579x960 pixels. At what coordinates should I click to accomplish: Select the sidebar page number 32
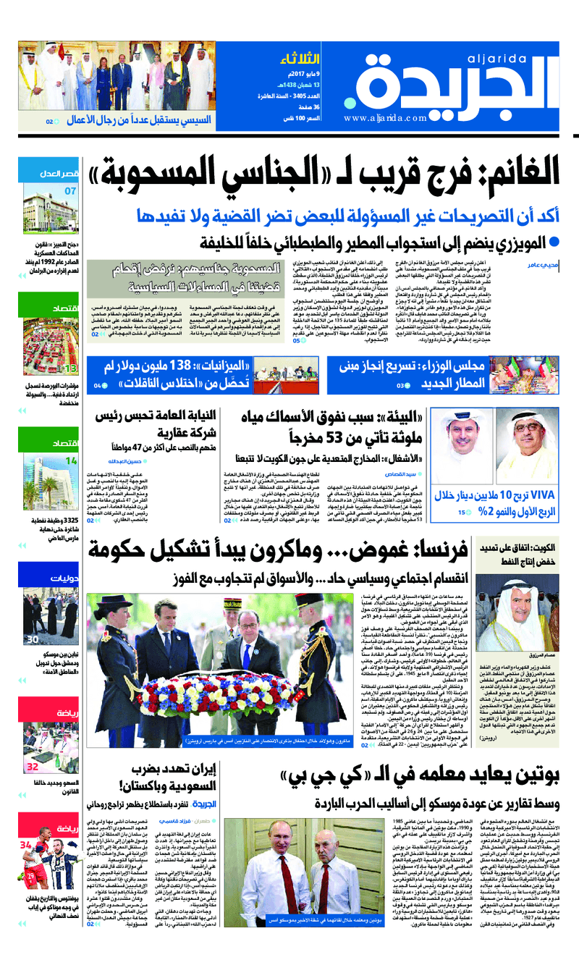tap(33, 767)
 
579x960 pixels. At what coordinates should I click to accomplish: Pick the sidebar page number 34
tap(26, 845)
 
